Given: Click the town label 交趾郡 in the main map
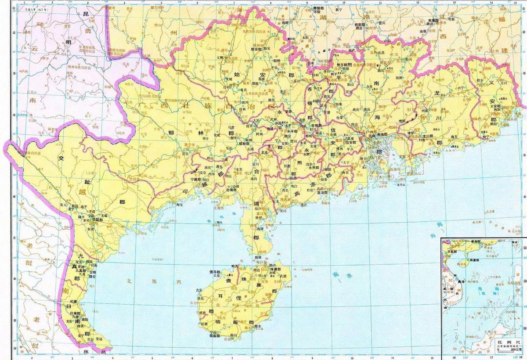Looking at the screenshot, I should click(94, 220).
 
